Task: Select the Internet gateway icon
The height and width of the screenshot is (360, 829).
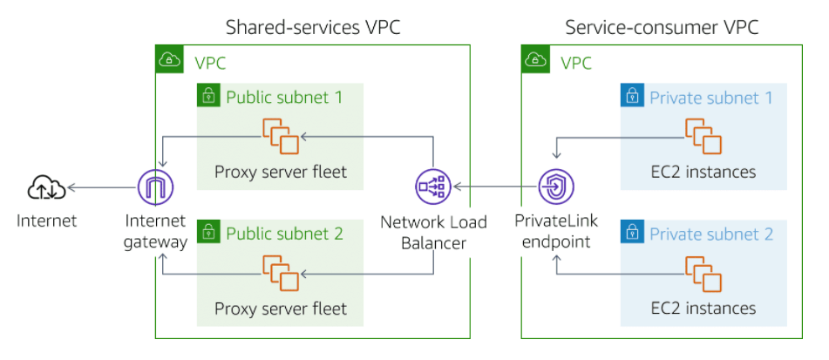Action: click(156, 187)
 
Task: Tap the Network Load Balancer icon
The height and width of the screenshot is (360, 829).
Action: click(432, 187)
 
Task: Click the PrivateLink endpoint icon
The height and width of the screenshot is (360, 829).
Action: click(555, 187)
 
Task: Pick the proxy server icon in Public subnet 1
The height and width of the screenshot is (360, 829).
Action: click(281, 136)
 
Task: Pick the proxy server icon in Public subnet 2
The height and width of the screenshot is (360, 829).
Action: click(281, 273)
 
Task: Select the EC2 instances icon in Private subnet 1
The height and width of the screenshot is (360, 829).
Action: click(703, 136)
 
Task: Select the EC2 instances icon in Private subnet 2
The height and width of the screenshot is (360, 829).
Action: click(703, 273)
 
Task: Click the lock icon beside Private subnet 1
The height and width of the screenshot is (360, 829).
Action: click(631, 96)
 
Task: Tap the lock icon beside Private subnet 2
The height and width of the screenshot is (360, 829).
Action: click(631, 232)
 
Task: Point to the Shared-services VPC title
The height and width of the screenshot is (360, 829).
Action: click(313, 27)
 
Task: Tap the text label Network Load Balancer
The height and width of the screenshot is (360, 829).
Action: click(433, 231)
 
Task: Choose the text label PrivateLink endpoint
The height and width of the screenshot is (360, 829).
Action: click(555, 231)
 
